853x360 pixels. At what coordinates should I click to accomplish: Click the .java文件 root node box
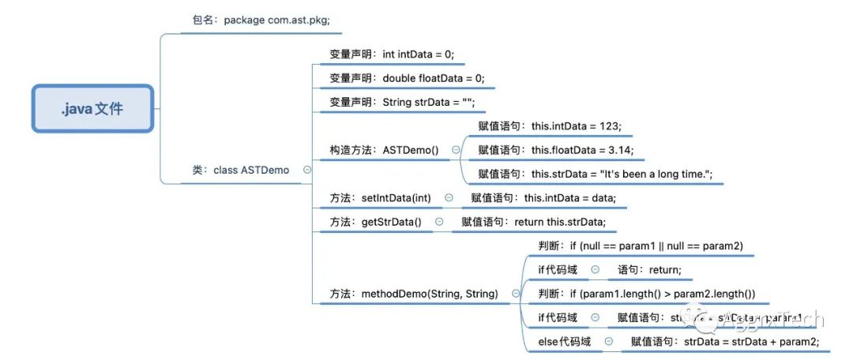(92, 107)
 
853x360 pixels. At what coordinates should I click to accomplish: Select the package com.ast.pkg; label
(261, 20)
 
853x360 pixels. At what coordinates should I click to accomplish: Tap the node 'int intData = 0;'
(392, 54)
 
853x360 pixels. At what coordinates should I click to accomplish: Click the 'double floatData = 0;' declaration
(407, 78)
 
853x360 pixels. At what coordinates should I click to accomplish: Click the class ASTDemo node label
(240, 170)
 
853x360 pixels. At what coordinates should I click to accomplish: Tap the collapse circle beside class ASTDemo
(306, 170)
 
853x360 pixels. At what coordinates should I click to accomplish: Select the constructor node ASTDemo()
(384, 150)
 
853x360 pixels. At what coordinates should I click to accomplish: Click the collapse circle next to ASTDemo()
(456, 150)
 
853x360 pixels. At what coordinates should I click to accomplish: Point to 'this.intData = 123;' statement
(550, 126)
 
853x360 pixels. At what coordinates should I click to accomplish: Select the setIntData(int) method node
(380, 198)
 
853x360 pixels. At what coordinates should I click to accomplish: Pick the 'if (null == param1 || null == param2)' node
(640, 246)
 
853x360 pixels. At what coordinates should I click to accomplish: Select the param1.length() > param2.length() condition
(646, 294)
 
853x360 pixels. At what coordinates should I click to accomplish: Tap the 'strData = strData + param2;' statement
(725, 342)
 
